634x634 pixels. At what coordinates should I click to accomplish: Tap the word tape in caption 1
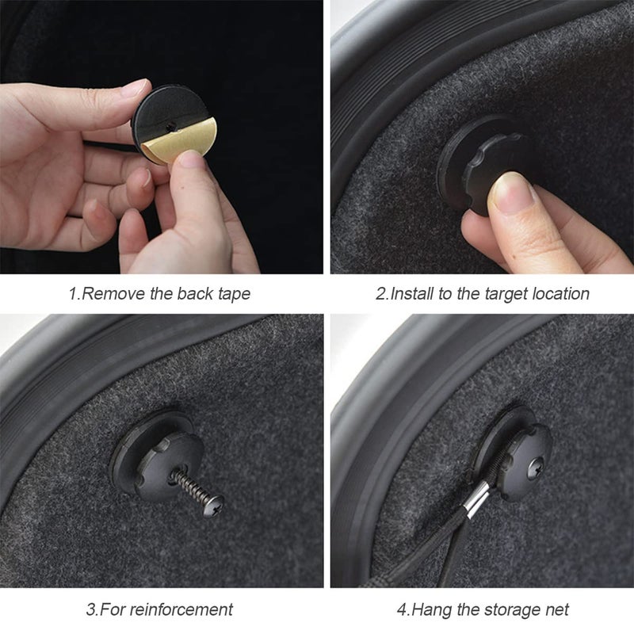[x=235, y=294]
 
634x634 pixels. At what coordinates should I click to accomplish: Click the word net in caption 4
[x=558, y=610]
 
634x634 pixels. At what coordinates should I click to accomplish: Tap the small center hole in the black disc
[x=170, y=127]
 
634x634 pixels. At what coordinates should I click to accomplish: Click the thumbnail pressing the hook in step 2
[x=510, y=193]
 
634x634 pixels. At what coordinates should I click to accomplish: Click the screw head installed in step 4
[x=537, y=468]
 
